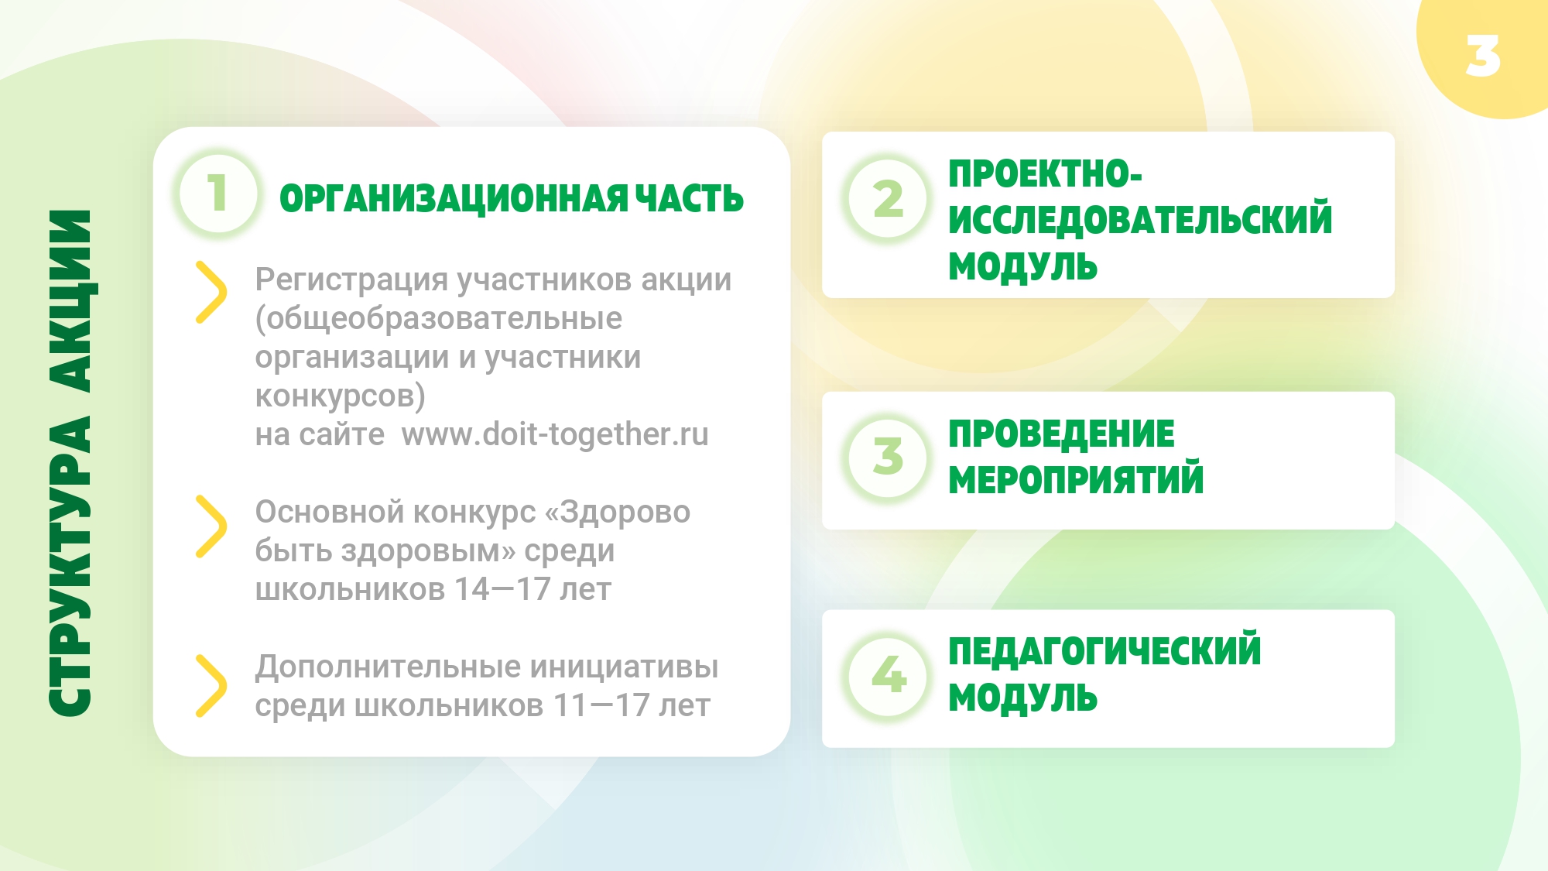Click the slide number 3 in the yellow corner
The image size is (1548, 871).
point(1483,56)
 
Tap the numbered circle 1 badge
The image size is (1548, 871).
point(218,193)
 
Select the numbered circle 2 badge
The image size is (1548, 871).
point(888,198)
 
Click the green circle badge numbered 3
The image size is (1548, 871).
point(888,457)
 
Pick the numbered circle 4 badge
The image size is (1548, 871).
point(888,675)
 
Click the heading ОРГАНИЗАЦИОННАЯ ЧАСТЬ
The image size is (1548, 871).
point(512,199)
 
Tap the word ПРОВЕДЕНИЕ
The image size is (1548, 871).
point(1061,434)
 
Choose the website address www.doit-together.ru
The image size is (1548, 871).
point(555,434)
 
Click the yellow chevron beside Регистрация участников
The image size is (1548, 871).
point(211,292)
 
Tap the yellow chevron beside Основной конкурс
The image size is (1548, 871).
point(211,526)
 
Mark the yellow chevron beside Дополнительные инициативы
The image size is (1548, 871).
point(211,686)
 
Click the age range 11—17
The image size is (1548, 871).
point(601,705)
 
